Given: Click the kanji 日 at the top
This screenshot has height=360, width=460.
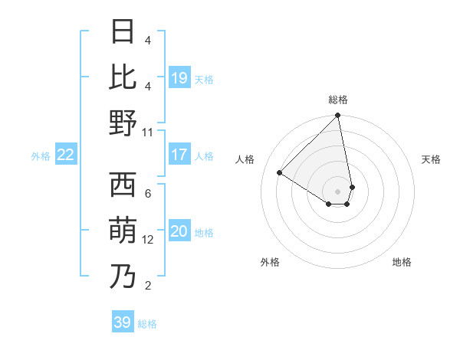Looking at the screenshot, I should pyautogui.click(x=123, y=33).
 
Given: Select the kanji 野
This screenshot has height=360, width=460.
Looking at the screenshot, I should pyautogui.click(x=123, y=123).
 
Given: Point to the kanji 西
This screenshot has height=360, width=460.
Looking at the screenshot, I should pyautogui.click(x=123, y=185).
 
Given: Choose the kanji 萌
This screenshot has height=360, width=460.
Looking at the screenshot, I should pyautogui.click(x=123, y=231).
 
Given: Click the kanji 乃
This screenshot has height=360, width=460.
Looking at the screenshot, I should pyautogui.click(x=123, y=277).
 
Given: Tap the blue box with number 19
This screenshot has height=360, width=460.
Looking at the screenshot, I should pyautogui.click(x=179, y=78).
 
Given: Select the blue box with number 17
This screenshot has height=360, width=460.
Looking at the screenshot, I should pyautogui.click(x=179, y=155).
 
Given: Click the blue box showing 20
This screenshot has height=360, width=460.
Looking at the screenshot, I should pyautogui.click(x=179, y=232).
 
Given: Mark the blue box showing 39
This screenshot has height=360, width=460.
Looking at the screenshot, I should pyautogui.click(x=123, y=322).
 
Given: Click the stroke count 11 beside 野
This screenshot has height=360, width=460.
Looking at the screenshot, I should pyautogui.click(x=148, y=132).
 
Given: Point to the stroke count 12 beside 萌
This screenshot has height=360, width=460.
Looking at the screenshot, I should pyautogui.click(x=149, y=240).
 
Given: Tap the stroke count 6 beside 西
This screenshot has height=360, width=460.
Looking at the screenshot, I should pyautogui.click(x=148, y=193).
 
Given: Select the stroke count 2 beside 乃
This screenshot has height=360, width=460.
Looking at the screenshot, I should pyautogui.click(x=148, y=286).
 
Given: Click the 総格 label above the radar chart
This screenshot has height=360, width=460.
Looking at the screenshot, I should pyautogui.click(x=338, y=100).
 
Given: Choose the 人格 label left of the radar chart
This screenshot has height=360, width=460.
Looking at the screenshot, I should pyautogui.click(x=245, y=159).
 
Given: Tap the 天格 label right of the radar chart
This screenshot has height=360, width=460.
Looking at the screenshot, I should pyautogui.click(x=432, y=159).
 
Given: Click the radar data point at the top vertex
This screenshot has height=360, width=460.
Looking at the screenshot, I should pyautogui.click(x=338, y=116).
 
